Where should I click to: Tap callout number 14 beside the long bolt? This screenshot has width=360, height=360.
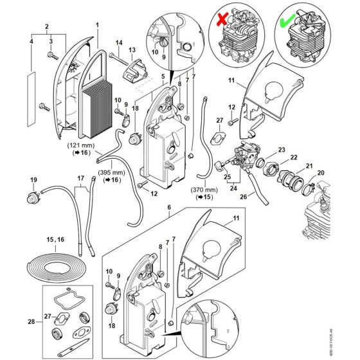point(119,43)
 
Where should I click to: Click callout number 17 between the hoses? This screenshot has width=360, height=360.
point(80,180)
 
